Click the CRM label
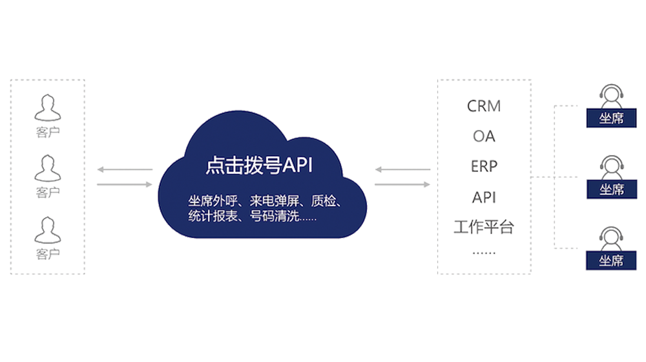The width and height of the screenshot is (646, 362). pos(483,105)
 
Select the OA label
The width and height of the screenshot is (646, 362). pos(484,136)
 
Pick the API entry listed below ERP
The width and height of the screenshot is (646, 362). pos(483,197)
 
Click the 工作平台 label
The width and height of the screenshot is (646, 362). pos(483,227)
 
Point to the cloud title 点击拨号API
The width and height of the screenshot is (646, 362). pos(258,165)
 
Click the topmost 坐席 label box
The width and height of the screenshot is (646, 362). pos(611,118)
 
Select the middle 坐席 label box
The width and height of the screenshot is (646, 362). pos(611,189)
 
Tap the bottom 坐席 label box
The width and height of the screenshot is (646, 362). pos(611,261)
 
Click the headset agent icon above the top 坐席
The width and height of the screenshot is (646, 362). pos(611,96)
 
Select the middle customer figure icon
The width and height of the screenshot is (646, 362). pos(47,169)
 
